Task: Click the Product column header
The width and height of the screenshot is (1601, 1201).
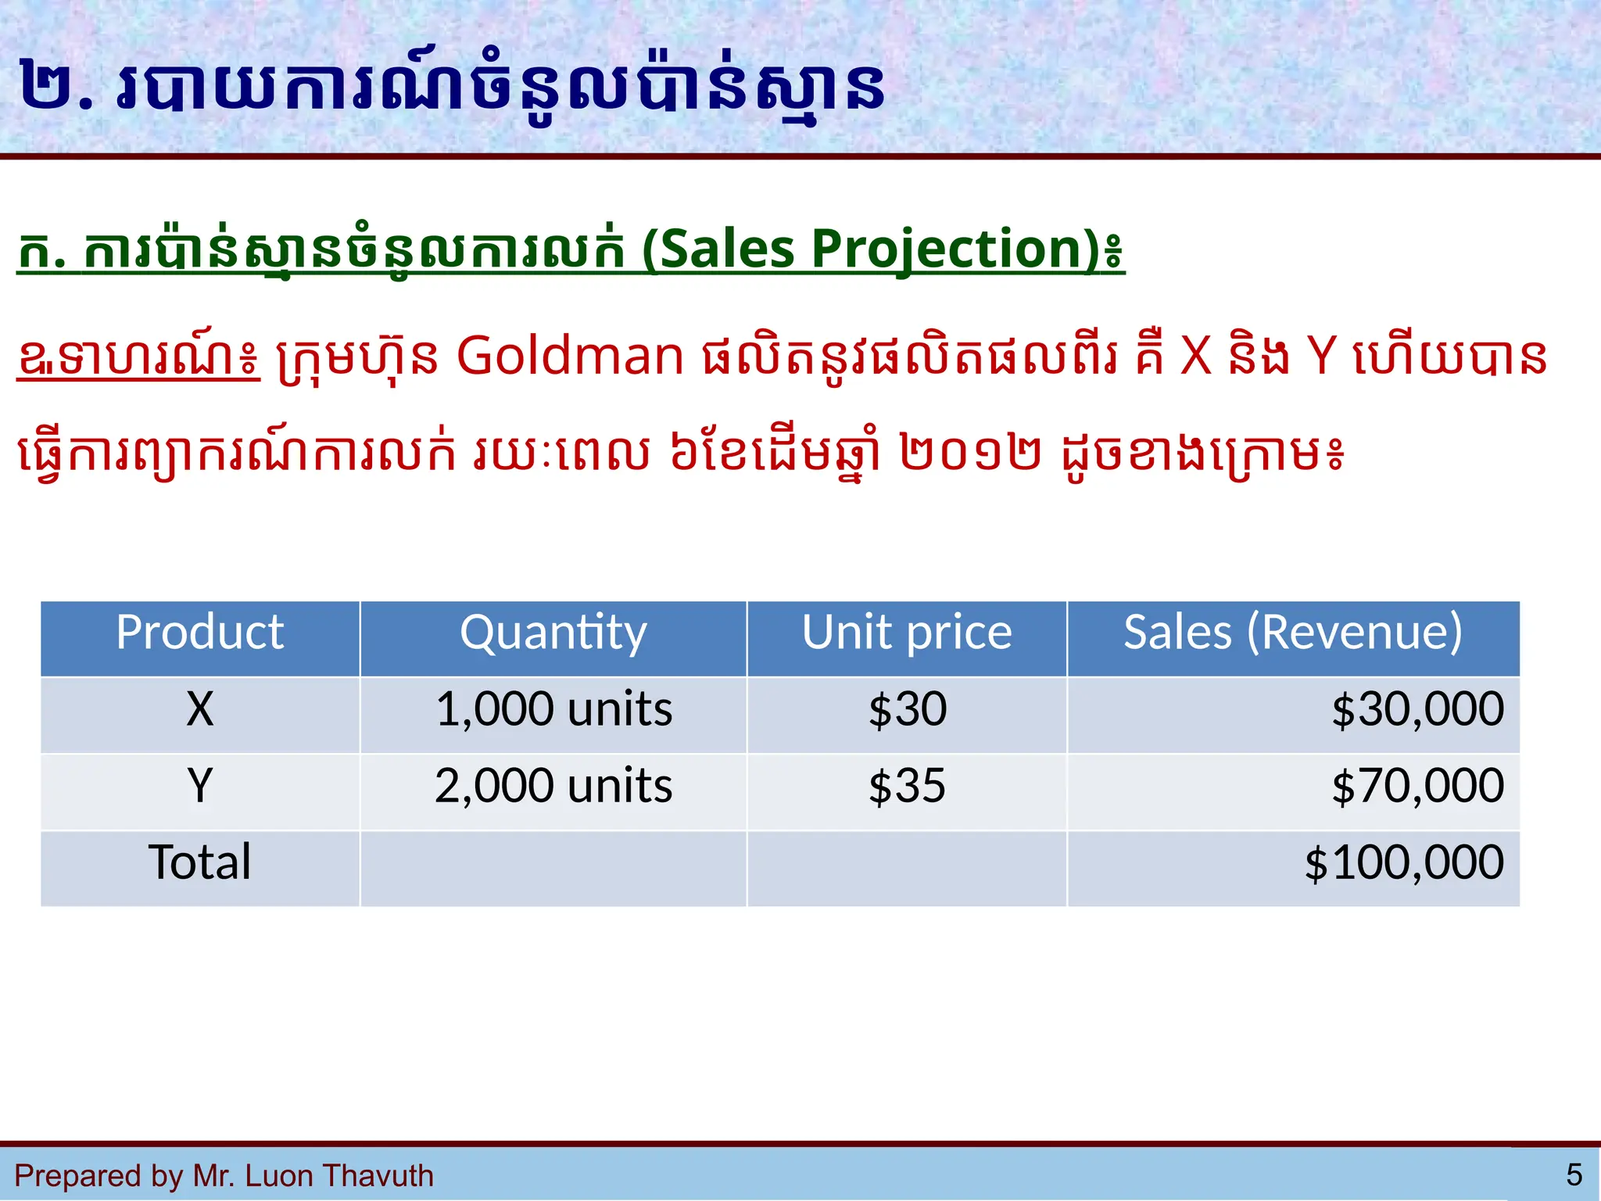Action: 199,633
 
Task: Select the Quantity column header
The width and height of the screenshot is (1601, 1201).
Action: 553,633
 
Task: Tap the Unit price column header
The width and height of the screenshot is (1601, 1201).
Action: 907,633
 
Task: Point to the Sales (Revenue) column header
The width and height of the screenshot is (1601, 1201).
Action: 1293,633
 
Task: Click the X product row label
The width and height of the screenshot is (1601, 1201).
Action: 199,710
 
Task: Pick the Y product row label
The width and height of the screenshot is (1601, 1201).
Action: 199,786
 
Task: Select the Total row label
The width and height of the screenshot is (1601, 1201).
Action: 199,862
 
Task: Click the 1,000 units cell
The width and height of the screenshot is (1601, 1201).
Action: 553,710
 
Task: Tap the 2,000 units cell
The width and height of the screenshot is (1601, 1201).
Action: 553,786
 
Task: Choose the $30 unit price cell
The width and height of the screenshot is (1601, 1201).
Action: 907,710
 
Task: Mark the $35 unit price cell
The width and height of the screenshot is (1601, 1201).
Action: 907,786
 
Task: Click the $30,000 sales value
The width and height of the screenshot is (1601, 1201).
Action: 1417,710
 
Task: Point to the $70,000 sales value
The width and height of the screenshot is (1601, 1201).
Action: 1417,786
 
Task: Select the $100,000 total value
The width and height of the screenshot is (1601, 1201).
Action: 1404,862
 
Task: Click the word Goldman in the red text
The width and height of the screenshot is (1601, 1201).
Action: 570,357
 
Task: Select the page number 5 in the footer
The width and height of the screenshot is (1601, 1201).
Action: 1574,1174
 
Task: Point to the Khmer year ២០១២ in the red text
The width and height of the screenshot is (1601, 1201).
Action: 970,454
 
